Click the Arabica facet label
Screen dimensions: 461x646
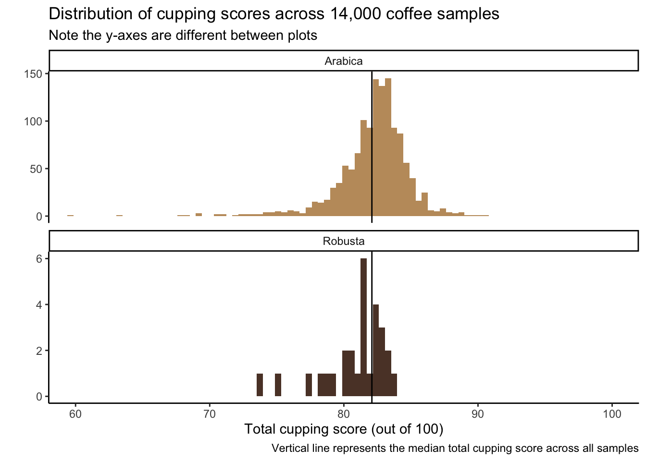pos(343,61)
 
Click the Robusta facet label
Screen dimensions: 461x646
pos(343,241)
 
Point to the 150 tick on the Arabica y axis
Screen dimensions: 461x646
pos(36,73)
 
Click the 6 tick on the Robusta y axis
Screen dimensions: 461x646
pos(40,259)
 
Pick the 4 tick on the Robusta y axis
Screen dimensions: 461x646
pos(40,305)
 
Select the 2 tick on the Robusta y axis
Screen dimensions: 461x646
pos(40,351)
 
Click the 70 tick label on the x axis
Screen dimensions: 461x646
pos(209,414)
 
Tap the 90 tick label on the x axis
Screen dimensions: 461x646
pos(477,414)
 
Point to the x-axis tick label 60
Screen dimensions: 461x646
pos(75,414)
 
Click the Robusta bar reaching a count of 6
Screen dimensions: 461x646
pos(363,327)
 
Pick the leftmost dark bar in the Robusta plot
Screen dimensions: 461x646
pos(260,385)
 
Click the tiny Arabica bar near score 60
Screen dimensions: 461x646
pos(70,216)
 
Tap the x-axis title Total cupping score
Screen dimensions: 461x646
pos(343,429)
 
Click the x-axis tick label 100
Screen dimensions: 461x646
pos(611,414)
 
